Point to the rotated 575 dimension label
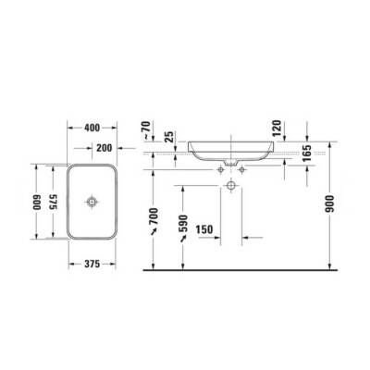54,203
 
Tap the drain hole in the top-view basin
92,202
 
